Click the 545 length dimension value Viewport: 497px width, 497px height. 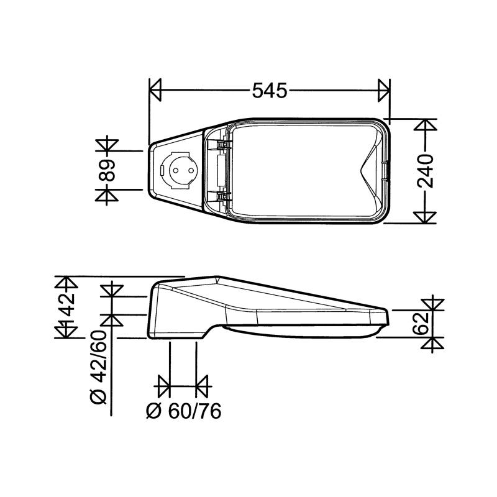(270, 91)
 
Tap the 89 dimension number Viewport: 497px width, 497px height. (107, 170)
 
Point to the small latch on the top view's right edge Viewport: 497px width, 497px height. (388, 170)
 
